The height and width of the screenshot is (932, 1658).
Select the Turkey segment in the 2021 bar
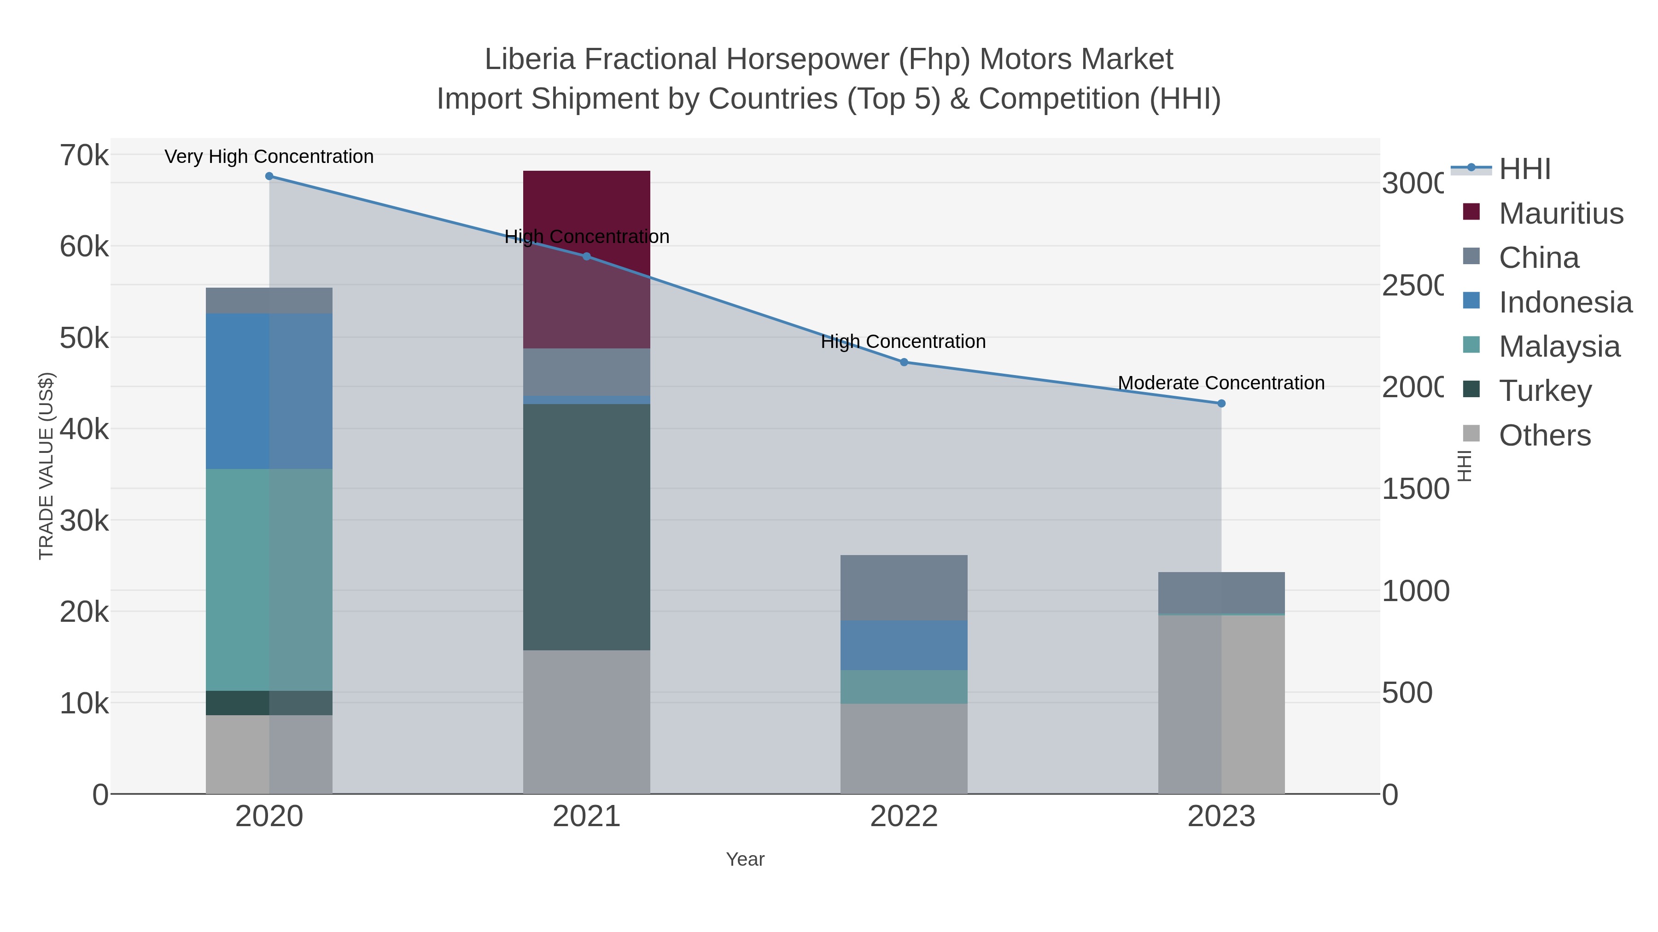tap(586, 527)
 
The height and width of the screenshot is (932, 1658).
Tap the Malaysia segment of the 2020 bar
tap(269, 579)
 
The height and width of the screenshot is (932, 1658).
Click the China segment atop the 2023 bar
tap(1221, 592)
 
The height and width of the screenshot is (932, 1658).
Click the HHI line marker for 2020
tap(269, 176)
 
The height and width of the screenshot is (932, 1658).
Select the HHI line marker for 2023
tap(1221, 403)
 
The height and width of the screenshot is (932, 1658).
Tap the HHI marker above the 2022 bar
tap(904, 362)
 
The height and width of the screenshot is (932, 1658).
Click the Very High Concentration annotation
tap(269, 156)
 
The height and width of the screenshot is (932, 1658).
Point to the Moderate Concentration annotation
tap(1221, 383)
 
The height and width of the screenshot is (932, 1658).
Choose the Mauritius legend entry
tap(1561, 213)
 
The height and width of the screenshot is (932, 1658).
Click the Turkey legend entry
tap(1545, 390)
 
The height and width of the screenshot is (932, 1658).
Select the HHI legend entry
tap(1524, 169)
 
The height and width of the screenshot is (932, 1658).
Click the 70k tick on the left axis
tap(84, 156)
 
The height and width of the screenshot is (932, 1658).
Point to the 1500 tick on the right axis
tap(1415, 489)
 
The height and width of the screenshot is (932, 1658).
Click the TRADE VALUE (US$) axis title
tap(47, 466)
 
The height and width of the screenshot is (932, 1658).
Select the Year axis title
tap(745, 859)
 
